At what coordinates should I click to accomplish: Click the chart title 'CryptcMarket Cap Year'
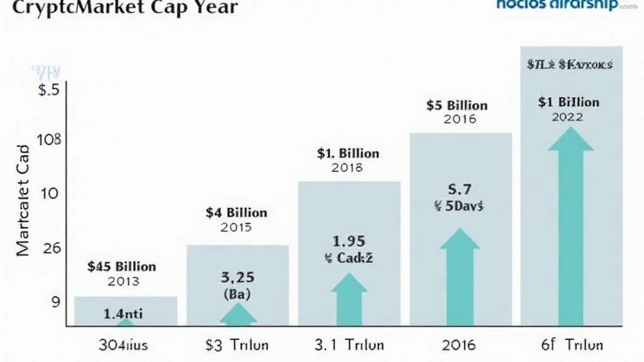click(x=119, y=8)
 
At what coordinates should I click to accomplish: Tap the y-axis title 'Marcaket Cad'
click(x=23, y=200)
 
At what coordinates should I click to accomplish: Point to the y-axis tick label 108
click(x=49, y=140)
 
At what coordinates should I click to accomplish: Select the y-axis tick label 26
click(x=50, y=248)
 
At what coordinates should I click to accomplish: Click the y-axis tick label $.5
click(x=48, y=90)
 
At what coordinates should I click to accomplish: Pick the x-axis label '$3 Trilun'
click(x=237, y=345)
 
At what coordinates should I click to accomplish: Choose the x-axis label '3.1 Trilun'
click(x=348, y=345)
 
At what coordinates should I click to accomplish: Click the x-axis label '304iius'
click(x=124, y=345)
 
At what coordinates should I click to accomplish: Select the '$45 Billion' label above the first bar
click(x=123, y=266)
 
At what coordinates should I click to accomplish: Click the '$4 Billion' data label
click(x=236, y=213)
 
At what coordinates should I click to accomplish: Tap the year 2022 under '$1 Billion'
click(x=567, y=117)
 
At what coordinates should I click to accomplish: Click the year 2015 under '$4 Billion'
click(x=236, y=228)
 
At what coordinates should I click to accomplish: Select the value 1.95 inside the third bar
click(x=348, y=241)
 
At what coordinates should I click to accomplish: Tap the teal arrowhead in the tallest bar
click(x=570, y=140)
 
